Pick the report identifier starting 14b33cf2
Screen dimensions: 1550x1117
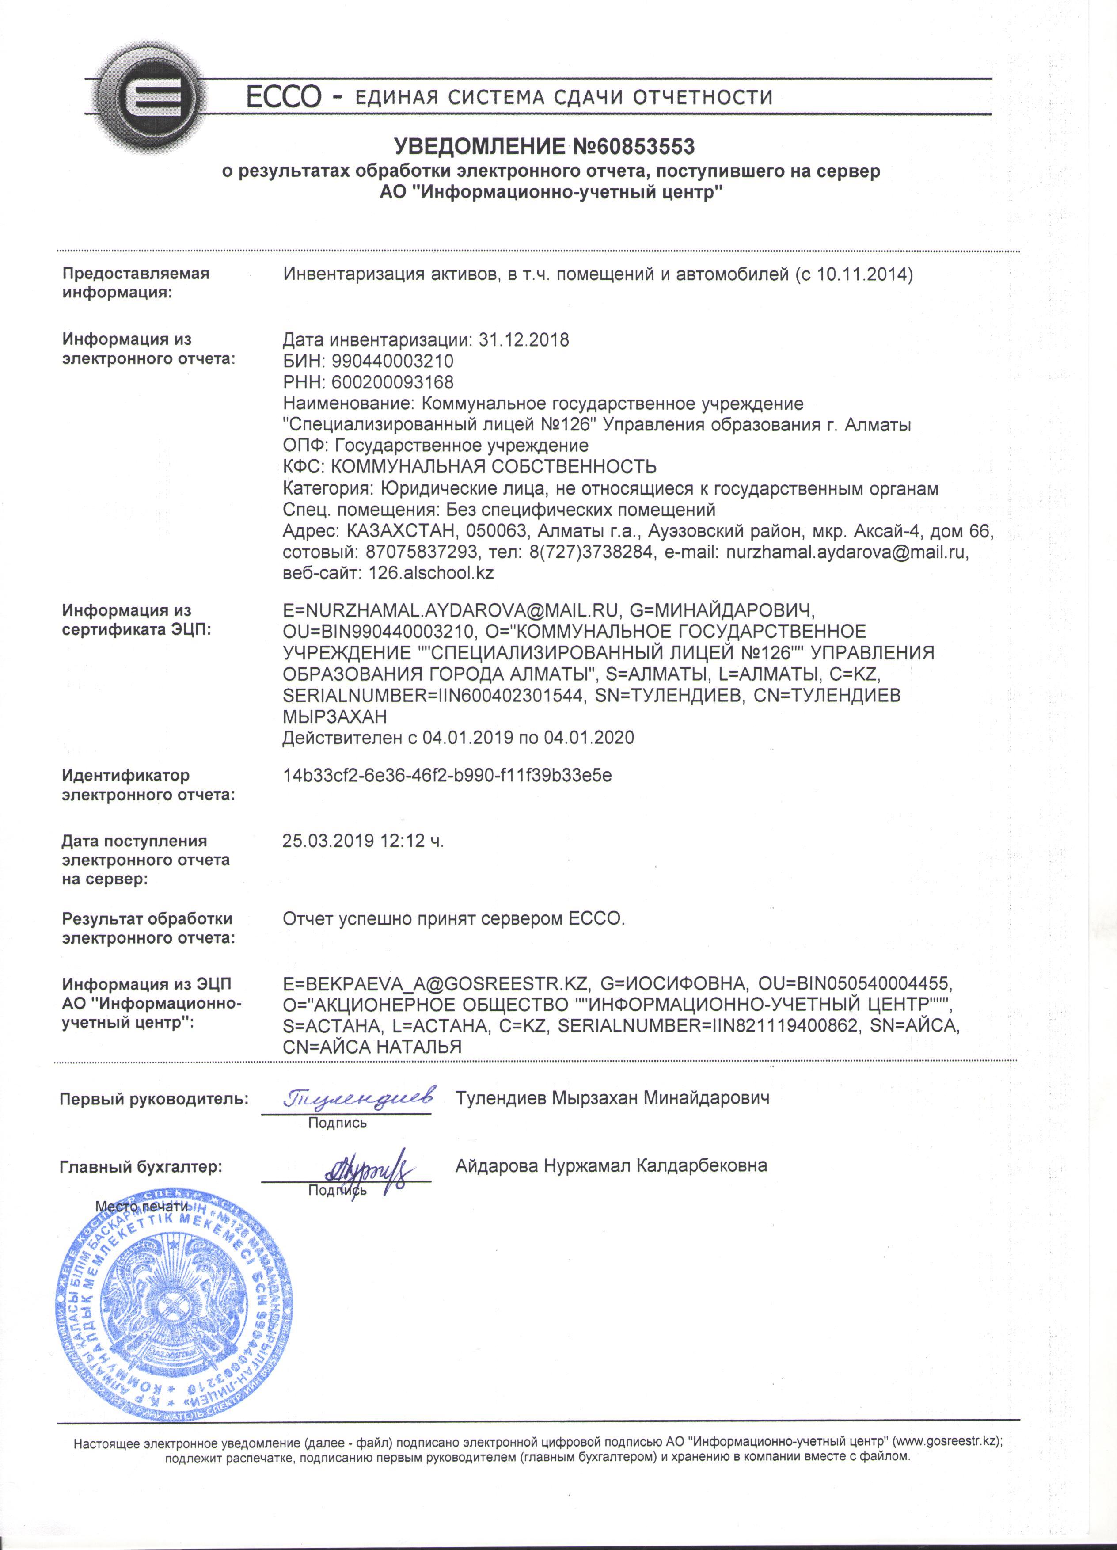447,776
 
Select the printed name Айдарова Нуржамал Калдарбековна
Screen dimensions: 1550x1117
611,1165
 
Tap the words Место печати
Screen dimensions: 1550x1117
141,1206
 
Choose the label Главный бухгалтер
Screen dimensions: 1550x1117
141,1167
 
